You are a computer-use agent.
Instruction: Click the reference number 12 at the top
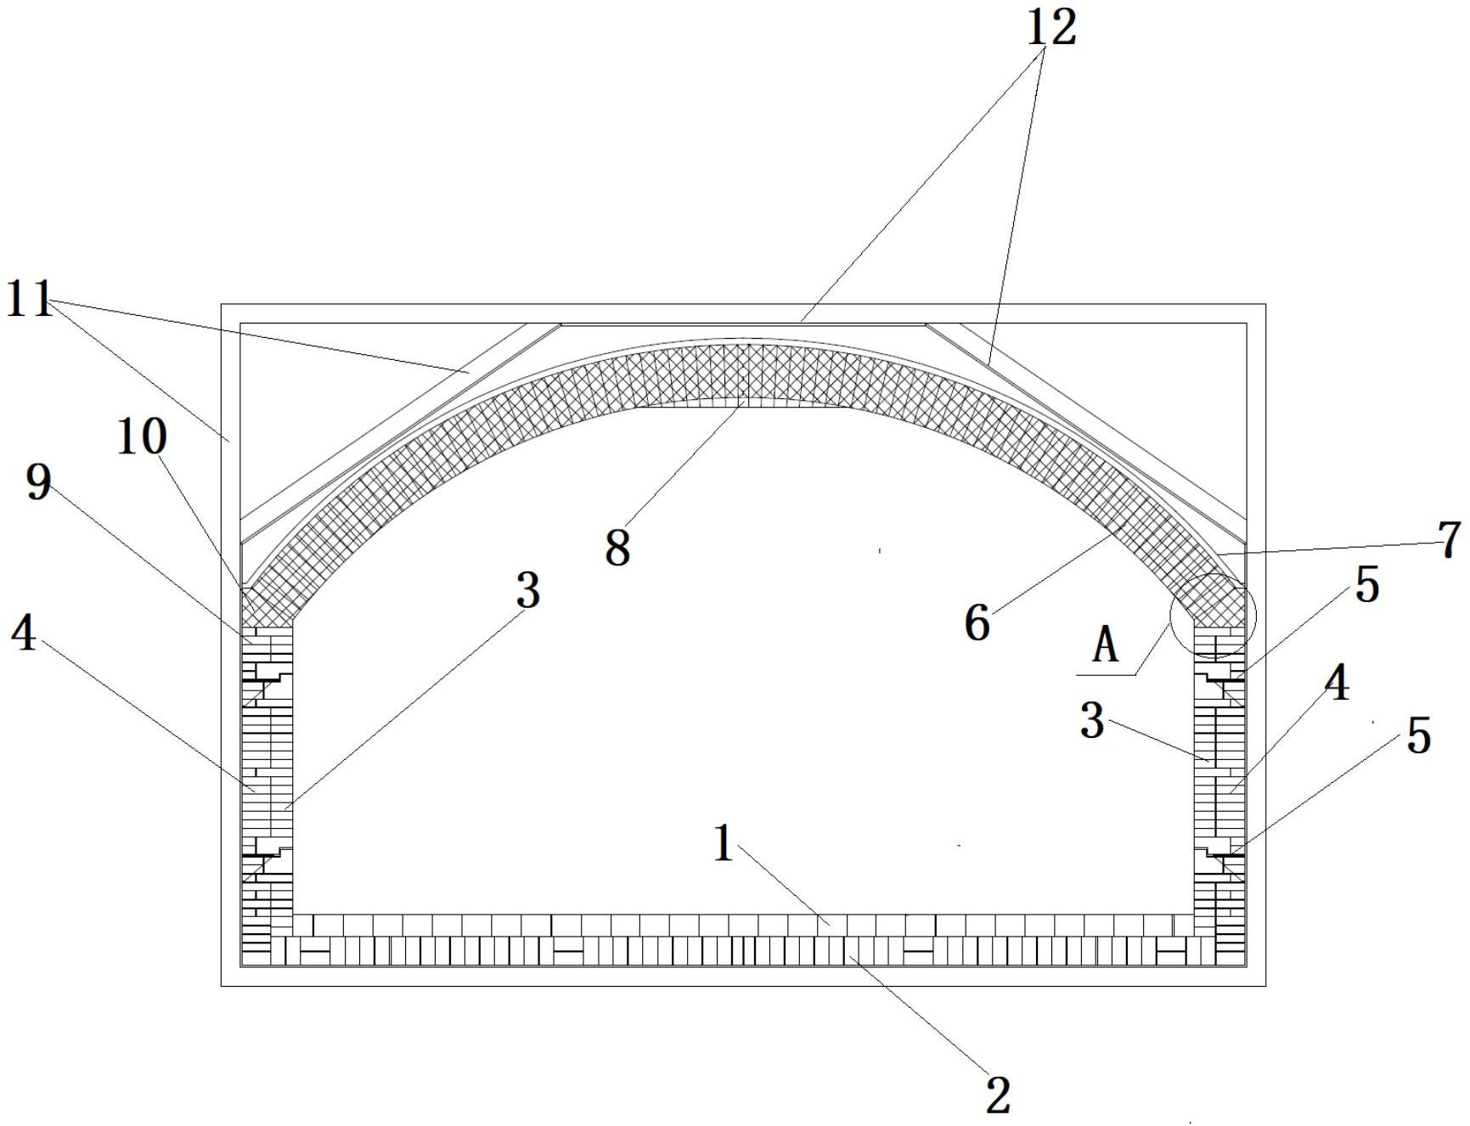[x=1051, y=27]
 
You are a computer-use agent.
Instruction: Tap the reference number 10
[x=142, y=437]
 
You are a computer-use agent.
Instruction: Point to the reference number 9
[x=39, y=484]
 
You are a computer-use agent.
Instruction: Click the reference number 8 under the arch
[x=617, y=548]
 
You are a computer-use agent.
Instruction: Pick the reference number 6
[x=977, y=623]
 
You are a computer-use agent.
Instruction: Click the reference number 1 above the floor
[x=723, y=844]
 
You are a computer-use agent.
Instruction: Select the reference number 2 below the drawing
[x=998, y=1095]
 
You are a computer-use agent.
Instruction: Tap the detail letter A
[x=1105, y=647]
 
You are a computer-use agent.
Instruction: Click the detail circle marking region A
[x=1212, y=616]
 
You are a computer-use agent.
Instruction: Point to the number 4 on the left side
[x=24, y=633]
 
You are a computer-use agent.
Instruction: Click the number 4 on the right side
[x=1337, y=683]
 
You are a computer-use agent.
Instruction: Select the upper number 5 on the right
[x=1367, y=585]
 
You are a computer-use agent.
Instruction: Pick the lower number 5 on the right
[x=1418, y=735]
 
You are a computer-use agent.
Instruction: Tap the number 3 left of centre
[x=527, y=590]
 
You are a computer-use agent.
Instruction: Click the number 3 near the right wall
[x=1091, y=721]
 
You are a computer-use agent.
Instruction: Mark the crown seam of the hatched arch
[x=742, y=374]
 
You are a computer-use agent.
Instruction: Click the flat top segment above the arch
[x=742, y=324]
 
